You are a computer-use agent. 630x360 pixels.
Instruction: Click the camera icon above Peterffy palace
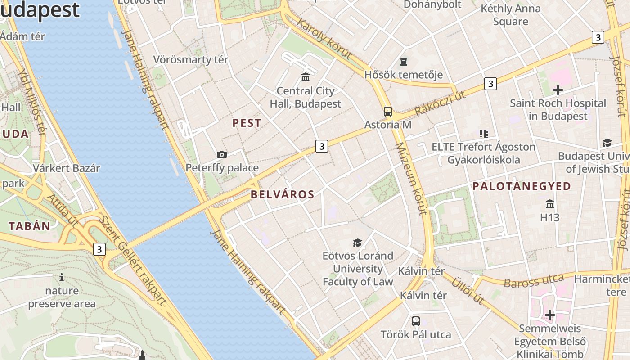221,154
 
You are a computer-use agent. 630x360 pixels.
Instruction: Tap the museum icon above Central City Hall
306,77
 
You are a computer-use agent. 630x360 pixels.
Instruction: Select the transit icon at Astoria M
387,111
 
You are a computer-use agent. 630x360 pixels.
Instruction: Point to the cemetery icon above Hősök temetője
404,61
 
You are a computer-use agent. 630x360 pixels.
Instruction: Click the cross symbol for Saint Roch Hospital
558,90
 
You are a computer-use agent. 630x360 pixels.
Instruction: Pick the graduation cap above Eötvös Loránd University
357,243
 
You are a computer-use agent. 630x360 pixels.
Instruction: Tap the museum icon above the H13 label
549,204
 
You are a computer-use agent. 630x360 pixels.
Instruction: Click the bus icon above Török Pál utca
416,321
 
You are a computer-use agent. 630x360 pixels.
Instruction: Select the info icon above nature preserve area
62,277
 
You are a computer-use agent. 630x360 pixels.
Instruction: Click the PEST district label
247,123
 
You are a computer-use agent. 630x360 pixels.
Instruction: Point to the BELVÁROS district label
282,194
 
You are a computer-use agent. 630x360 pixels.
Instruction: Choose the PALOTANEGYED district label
522,186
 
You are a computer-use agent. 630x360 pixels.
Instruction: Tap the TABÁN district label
30,226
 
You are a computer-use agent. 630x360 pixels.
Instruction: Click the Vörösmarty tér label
191,59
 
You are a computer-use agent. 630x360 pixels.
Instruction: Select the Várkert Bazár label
67,168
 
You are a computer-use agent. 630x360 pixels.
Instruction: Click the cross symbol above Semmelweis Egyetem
549,315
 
